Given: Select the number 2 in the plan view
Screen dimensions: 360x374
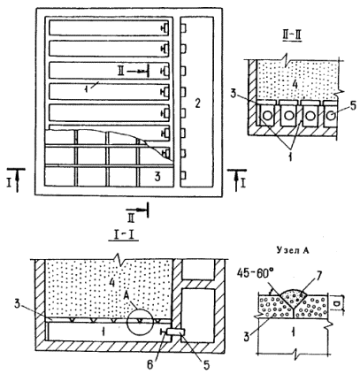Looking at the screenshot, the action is click(x=197, y=103).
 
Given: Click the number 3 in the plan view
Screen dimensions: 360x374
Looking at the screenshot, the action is click(x=157, y=177).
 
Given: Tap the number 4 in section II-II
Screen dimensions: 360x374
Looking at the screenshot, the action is click(x=294, y=85).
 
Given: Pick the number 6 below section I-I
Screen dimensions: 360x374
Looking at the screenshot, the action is click(x=150, y=365).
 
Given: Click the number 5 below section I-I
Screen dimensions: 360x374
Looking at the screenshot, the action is click(x=206, y=365).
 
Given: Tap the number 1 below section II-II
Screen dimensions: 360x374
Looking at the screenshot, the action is click(x=290, y=157).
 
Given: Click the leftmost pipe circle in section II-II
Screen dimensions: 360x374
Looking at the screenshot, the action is click(x=267, y=116).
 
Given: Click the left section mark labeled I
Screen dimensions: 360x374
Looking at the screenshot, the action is click(x=16, y=179).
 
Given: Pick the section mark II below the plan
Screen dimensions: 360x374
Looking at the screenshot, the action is click(x=137, y=213).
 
